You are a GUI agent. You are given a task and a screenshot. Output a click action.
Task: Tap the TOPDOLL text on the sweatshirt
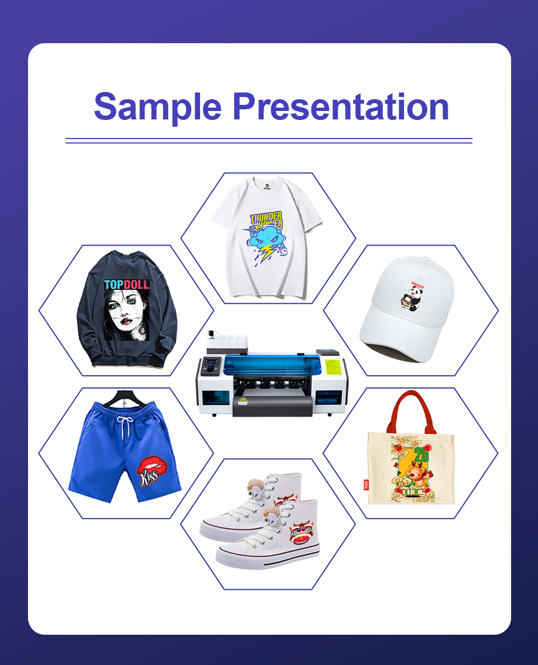[127, 284]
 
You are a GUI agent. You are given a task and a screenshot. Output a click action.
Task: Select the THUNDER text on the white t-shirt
[266, 219]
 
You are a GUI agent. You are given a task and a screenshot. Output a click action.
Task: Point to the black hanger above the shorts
[123, 397]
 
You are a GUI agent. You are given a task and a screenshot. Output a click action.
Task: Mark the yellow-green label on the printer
[335, 367]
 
